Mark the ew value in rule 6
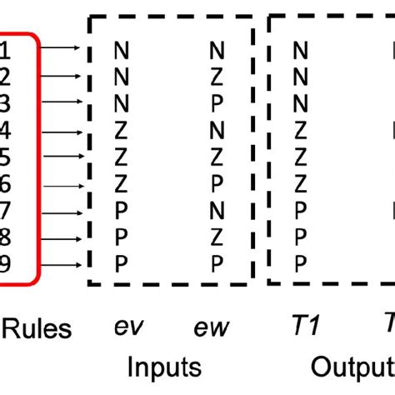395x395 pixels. point(217,185)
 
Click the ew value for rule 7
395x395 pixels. point(217,212)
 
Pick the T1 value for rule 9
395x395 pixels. point(301,265)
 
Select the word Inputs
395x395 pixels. point(164,367)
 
